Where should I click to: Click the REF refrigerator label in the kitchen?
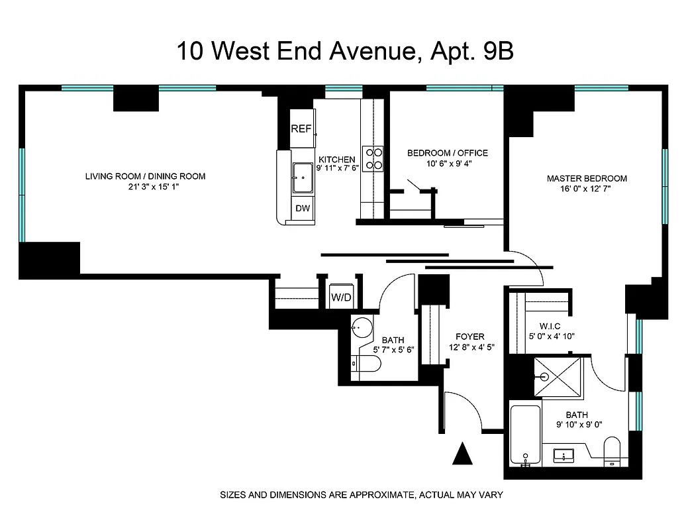pos(301,129)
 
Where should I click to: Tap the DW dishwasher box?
pos(303,208)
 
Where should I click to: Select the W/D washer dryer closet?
pos(342,297)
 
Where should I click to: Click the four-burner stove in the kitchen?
pos(373,158)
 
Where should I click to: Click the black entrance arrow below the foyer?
pos(464,454)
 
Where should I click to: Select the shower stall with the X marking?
pos(558,376)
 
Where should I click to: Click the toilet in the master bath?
pos(612,452)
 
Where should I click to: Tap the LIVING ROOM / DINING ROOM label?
pos(145,176)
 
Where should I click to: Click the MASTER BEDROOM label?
pos(587,178)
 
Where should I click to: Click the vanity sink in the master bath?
pos(565,455)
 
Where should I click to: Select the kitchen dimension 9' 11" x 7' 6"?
pos(337,169)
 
